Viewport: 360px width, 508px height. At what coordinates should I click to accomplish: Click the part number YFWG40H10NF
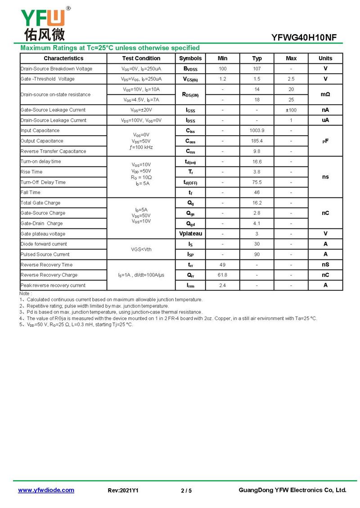(x=304, y=38)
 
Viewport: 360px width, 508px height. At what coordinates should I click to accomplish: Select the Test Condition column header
(x=141, y=58)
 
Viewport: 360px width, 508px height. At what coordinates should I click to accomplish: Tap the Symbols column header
(x=190, y=58)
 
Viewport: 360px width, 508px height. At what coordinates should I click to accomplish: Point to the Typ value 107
(x=257, y=69)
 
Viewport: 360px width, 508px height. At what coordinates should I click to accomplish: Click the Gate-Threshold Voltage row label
(x=48, y=79)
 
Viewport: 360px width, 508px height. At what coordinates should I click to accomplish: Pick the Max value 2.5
(x=291, y=79)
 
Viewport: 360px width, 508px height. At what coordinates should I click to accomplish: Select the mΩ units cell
(x=325, y=94)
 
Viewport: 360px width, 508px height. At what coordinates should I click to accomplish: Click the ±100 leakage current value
(x=291, y=110)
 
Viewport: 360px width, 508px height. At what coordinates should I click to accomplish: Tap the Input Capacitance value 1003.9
(x=257, y=131)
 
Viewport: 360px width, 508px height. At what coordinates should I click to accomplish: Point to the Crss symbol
(x=190, y=152)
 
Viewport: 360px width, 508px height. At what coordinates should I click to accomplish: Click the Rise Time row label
(x=31, y=172)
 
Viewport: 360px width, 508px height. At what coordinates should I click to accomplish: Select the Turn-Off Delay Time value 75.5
(x=257, y=183)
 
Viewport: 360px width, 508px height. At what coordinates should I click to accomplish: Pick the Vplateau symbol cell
(x=190, y=234)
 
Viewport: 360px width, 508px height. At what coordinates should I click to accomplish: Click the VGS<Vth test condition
(x=141, y=249)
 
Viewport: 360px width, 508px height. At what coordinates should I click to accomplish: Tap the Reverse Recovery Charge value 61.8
(x=222, y=275)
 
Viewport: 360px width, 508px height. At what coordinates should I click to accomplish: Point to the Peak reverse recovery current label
(x=53, y=285)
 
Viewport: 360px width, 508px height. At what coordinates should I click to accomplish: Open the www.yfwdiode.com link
(x=46, y=490)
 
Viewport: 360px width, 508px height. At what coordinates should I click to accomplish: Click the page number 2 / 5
(x=186, y=491)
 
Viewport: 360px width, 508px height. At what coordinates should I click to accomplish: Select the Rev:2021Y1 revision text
(x=123, y=491)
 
